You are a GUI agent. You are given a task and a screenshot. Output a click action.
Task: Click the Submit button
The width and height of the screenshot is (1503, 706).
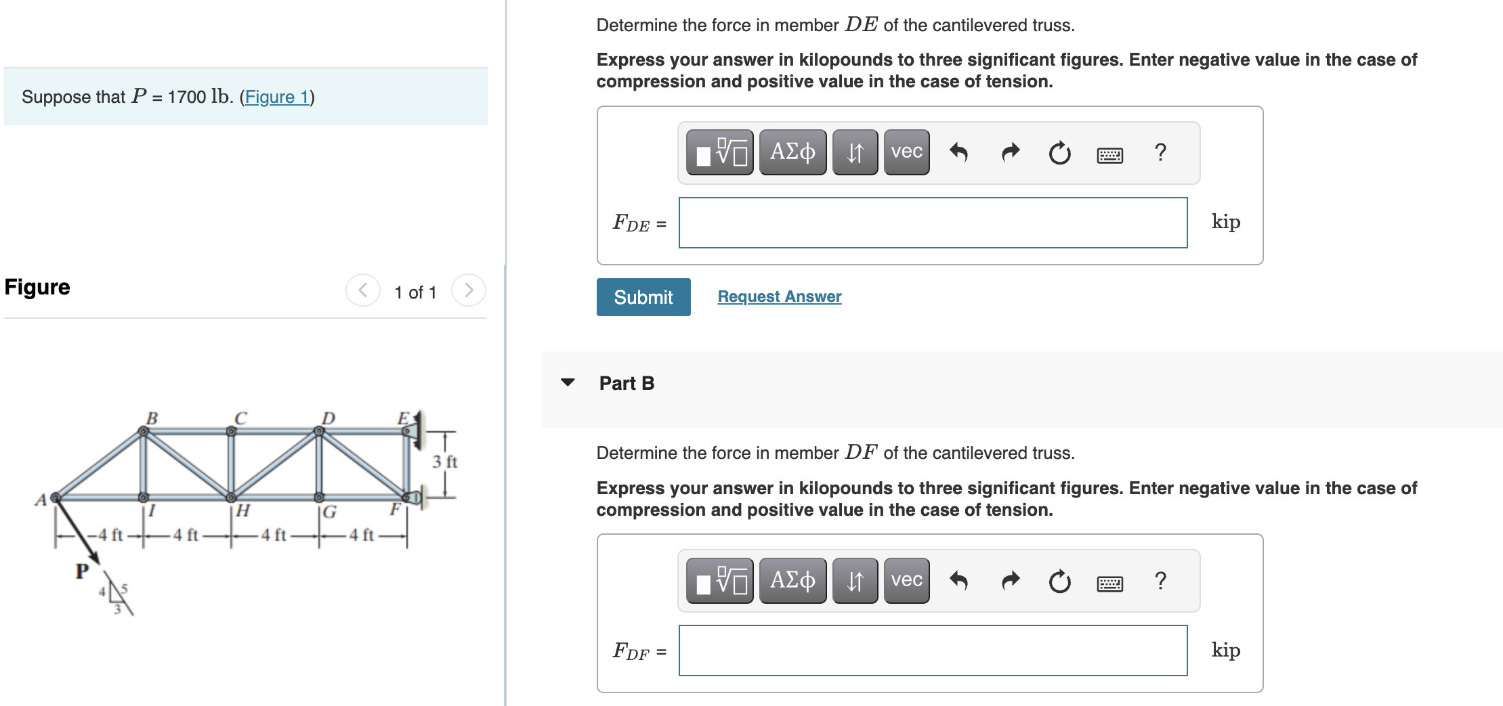643,297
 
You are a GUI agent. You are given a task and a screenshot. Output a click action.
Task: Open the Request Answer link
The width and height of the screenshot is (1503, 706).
779,296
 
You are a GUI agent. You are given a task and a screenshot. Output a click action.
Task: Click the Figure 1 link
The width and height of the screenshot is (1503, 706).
276,97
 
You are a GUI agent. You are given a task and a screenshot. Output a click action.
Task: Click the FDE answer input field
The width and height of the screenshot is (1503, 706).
933,223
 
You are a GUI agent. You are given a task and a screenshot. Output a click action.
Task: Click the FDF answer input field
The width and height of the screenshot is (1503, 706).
933,650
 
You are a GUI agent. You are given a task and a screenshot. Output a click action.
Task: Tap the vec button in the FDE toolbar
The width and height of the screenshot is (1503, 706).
906,152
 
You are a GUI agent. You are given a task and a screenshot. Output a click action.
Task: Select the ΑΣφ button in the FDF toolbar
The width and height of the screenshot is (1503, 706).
792,581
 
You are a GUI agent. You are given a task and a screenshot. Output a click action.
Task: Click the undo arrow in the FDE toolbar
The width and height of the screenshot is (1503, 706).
958,152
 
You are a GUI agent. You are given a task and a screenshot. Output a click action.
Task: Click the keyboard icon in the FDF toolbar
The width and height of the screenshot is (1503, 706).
1109,583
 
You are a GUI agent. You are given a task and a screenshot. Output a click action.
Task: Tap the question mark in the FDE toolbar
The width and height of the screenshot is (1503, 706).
1160,152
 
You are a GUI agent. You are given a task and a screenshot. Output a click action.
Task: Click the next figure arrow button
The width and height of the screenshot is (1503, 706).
469,290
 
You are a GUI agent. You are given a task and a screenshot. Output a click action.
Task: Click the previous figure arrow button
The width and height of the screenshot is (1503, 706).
363,290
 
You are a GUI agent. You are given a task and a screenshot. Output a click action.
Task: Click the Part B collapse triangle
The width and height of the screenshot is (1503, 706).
568,382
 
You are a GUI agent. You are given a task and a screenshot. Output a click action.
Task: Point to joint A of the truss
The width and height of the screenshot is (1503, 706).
56,498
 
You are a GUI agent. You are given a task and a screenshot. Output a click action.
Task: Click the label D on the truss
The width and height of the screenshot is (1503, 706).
328,418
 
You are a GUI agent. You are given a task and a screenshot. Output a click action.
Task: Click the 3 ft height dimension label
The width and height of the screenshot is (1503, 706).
444,462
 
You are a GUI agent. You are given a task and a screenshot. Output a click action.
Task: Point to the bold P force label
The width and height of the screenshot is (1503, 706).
82,571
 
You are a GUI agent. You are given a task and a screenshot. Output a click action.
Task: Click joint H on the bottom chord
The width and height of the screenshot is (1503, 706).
231,498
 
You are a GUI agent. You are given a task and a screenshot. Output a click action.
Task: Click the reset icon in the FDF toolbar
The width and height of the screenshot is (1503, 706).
1059,581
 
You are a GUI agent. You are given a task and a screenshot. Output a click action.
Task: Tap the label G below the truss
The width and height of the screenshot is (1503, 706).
330,512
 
